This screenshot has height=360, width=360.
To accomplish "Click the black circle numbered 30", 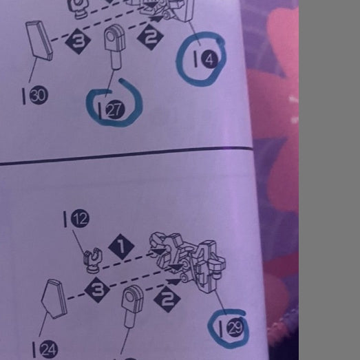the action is click(x=39, y=95).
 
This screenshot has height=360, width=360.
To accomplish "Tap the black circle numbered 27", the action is click(x=115, y=110).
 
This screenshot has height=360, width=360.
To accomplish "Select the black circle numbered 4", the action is click(x=210, y=59).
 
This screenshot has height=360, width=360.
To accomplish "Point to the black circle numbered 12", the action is click(x=80, y=218).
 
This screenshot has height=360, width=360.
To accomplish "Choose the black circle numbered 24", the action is click(x=49, y=350).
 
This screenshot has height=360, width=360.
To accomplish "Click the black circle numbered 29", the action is click(x=235, y=328).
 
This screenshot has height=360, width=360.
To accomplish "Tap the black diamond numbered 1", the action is click(x=121, y=247).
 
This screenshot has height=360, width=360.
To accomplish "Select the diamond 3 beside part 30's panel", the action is click(x=78, y=41).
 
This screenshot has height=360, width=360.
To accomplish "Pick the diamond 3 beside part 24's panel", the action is click(x=97, y=290).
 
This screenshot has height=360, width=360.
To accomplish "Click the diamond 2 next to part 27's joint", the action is click(x=150, y=37).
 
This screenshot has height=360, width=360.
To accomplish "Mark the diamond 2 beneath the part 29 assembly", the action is click(x=167, y=299).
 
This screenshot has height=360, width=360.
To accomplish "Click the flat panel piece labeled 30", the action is click(x=39, y=41).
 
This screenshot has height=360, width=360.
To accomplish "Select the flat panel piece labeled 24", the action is click(x=54, y=299).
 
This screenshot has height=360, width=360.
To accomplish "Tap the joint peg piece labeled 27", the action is click(x=115, y=46).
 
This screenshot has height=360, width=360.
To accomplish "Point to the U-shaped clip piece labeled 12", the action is click(x=93, y=261).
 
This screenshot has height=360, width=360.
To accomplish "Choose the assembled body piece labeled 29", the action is click(x=187, y=262).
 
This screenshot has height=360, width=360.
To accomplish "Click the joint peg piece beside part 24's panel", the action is click(x=132, y=306).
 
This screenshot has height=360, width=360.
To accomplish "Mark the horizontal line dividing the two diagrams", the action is click(x=126, y=156).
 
